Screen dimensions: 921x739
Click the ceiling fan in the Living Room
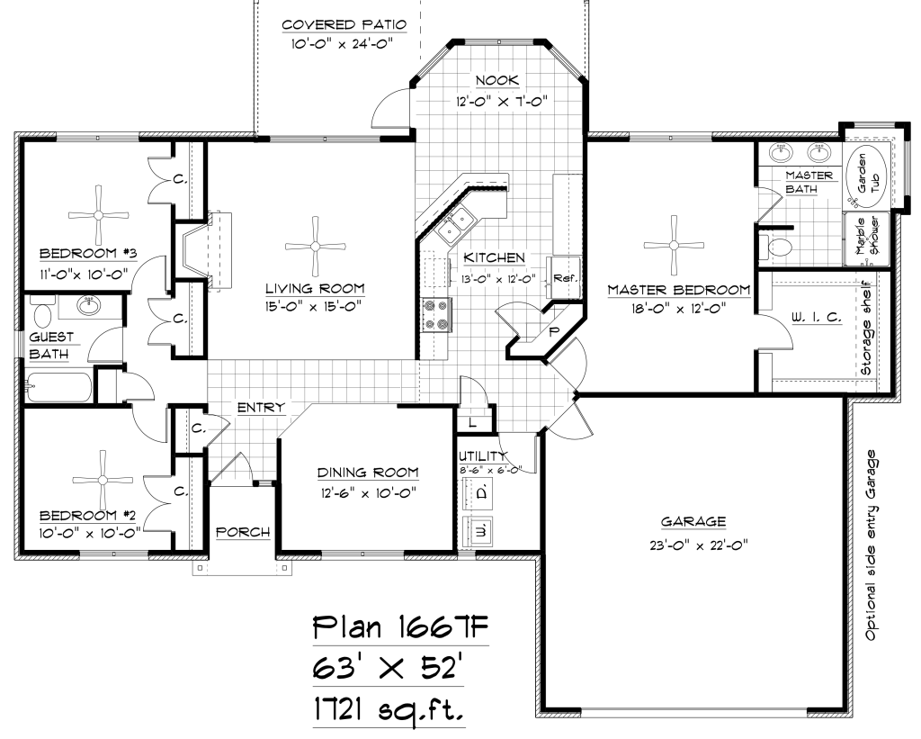click(315, 247)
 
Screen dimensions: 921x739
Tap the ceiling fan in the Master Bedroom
click(674, 245)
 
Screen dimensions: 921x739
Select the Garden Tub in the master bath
click(866, 176)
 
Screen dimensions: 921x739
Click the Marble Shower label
click(866, 237)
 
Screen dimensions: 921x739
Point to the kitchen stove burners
click(436, 315)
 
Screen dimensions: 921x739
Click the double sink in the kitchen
click(456, 224)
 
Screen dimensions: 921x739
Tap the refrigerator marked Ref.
click(565, 277)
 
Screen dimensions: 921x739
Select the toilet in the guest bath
click(41, 311)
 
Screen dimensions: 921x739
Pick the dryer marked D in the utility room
click(478, 492)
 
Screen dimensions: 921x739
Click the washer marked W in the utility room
click(478, 531)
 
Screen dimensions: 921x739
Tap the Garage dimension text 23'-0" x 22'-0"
click(698, 545)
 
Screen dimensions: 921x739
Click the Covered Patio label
click(344, 24)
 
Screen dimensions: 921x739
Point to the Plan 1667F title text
click(400, 628)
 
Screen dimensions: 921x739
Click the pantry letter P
click(553, 331)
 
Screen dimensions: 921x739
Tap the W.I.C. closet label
click(817, 318)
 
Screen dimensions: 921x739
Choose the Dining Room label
click(368, 472)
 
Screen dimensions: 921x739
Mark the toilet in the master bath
click(775, 247)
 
